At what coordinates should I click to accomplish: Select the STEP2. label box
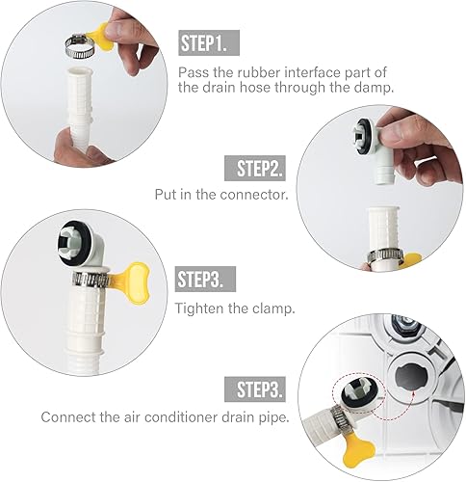click(x=259, y=170)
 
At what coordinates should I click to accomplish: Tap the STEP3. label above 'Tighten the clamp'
click(x=204, y=281)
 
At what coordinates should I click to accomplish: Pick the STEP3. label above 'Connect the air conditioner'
click(x=259, y=390)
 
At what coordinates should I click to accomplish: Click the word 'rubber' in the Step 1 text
click(x=268, y=71)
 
